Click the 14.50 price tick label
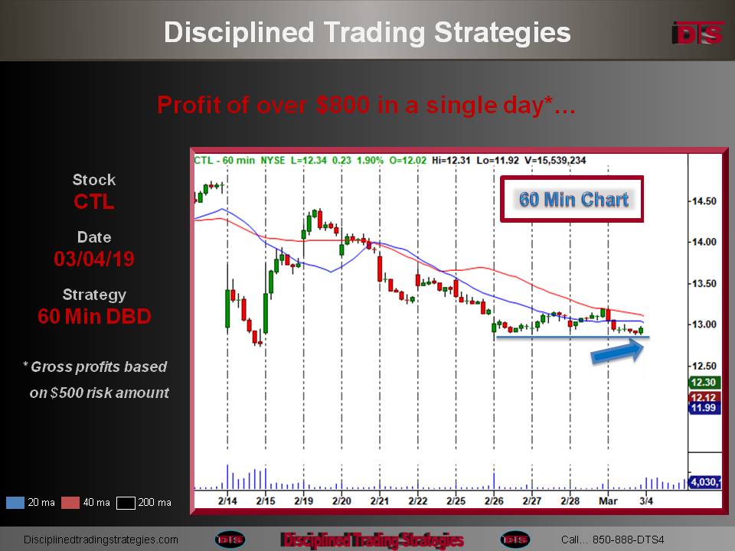[704, 201]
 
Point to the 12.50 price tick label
[704, 366]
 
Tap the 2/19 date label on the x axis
[304, 500]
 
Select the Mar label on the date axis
[608, 500]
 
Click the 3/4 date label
[646, 500]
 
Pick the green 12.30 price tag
[704, 383]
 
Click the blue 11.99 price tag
[704, 408]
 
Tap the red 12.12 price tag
[704, 397]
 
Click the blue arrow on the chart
[618, 350]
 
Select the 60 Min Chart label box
[572, 199]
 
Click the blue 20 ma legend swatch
[15, 502]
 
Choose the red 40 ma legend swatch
[70, 502]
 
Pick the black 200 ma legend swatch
[126, 502]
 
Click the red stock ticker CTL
[93, 202]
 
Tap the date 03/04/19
[93, 259]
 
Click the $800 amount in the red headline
[343, 105]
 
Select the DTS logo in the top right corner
[698, 33]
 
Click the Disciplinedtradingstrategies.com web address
[101, 540]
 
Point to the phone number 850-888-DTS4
[628, 540]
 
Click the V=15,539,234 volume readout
[555, 160]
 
